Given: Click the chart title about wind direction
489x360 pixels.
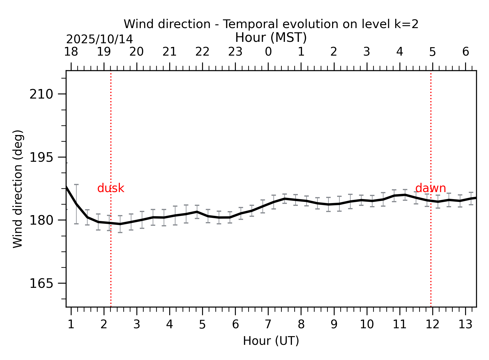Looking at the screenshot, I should (x=271, y=24).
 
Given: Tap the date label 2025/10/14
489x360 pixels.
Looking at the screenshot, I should (x=99, y=39).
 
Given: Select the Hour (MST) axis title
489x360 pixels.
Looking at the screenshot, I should (x=271, y=38).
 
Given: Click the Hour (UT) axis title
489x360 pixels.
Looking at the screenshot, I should (x=271, y=341).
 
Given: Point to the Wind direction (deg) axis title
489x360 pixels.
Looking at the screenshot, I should (x=18, y=189).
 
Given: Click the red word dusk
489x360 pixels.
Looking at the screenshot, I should (x=111, y=188).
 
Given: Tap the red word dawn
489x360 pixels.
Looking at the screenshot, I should (x=430, y=188).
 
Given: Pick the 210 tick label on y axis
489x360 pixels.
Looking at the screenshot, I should (x=41, y=94).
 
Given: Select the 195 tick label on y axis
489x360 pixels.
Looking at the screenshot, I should (x=41, y=158).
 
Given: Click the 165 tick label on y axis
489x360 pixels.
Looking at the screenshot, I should (x=41, y=283).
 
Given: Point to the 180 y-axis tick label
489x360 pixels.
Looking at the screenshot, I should (x=41, y=220).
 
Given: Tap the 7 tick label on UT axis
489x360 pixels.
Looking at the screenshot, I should (x=268, y=325).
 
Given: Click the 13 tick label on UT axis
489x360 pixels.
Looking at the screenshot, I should (x=465, y=325).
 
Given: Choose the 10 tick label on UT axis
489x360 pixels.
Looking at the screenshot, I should (x=367, y=325).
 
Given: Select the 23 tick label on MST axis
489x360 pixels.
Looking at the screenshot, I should (x=235, y=52).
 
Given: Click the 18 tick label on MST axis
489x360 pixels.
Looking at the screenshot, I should (x=71, y=52).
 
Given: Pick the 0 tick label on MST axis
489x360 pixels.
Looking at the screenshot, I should (x=268, y=52).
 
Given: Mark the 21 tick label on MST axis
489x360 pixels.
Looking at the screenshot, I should (x=170, y=52).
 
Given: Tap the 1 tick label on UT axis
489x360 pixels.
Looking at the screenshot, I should (x=71, y=325).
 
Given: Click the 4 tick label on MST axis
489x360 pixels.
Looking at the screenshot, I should (x=399, y=52).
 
